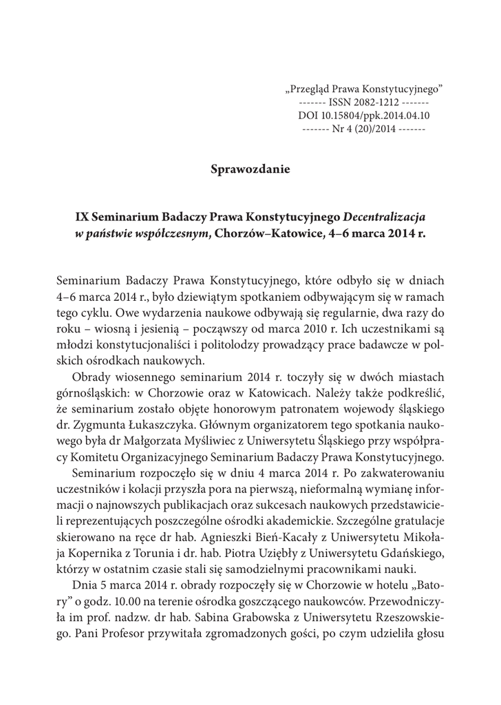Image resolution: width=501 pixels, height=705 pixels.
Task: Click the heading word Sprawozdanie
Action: pyautogui.click(x=250, y=169)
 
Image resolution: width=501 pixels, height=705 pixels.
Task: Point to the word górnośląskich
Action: pyautogui.click(x=87, y=393)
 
